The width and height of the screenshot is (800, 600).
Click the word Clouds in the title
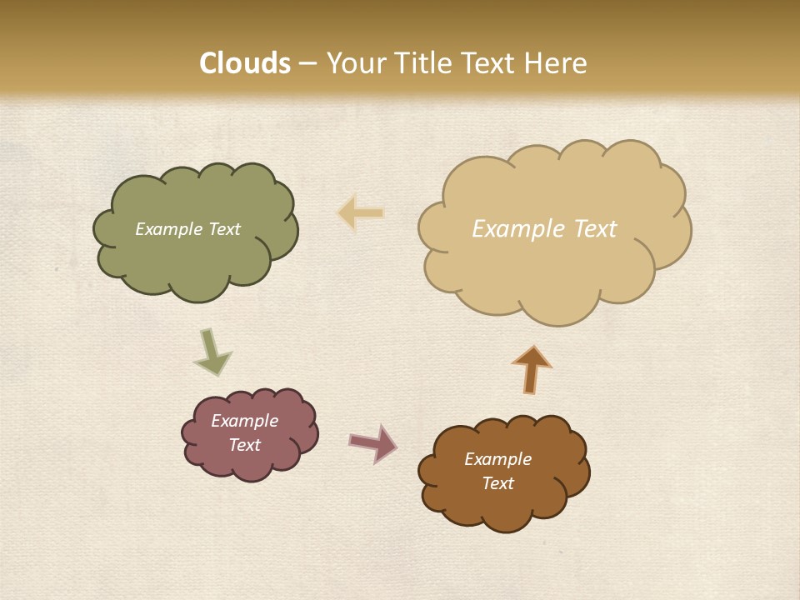(245, 63)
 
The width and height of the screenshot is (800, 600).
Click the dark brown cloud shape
(504, 508)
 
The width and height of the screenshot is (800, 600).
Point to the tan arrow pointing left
(361, 212)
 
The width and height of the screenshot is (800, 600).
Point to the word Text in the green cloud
(223, 229)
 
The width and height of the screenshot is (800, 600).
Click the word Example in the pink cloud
(245, 421)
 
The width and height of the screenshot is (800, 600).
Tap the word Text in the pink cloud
(245, 445)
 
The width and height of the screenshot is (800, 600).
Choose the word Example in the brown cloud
(497, 459)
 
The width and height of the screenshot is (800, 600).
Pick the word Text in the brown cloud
(497, 483)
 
